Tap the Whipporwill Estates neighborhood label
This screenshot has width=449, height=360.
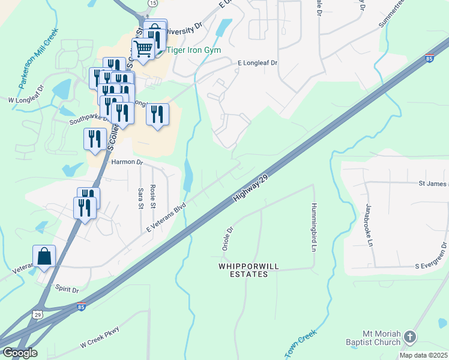243,269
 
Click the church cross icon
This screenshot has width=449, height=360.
411,337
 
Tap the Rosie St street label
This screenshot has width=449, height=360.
154,196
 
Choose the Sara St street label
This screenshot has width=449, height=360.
141,197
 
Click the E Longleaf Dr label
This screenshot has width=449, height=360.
258,62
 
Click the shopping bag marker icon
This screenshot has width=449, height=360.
44,256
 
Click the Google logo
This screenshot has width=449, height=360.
19,353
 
